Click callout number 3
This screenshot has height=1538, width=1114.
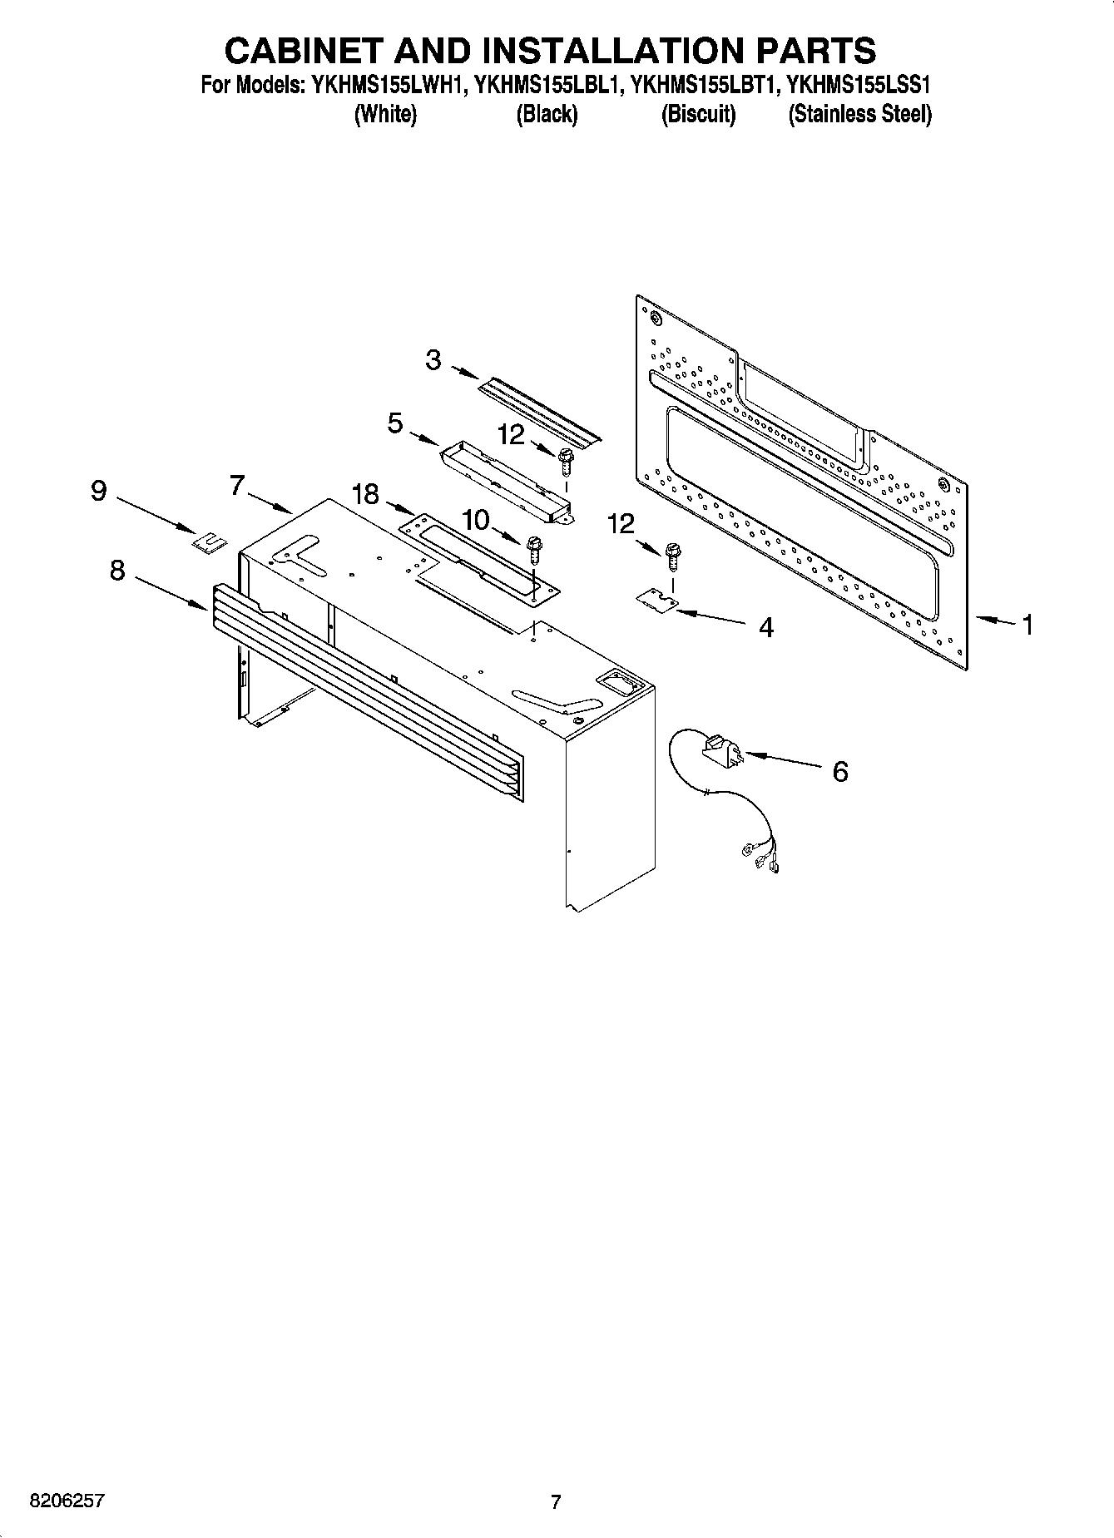(433, 360)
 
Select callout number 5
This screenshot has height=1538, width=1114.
(395, 423)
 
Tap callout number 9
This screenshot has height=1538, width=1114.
(98, 492)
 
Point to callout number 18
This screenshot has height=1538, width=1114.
(364, 495)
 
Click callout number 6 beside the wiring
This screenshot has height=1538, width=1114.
(840, 772)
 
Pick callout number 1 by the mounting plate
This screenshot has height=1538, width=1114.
(1027, 624)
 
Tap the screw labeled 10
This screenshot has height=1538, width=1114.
(533, 549)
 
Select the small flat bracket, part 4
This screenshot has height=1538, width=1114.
(656, 601)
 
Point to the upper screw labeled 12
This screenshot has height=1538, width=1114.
(566, 458)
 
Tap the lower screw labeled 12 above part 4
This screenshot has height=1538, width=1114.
(673, 555)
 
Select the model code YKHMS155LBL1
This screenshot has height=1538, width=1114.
(547, 85)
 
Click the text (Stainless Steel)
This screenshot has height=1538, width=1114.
(859, 114)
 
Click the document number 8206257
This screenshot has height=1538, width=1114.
(67, 1501)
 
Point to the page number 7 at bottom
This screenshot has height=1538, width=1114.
(556, 1501)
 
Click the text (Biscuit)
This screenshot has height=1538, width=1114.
(698, 114)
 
